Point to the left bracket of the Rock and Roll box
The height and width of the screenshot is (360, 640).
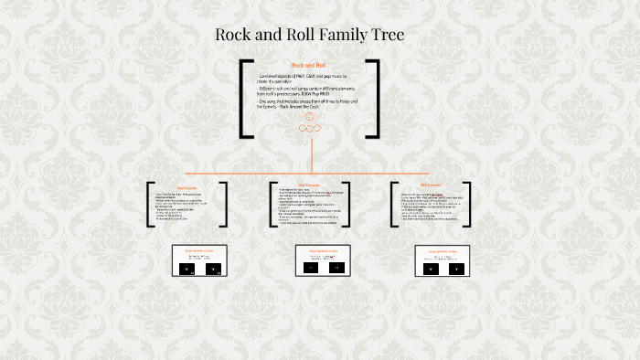(x=244, y=99)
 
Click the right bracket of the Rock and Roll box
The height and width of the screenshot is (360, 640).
(x=374, y=99)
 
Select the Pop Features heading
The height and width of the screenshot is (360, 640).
(x=187, y=185)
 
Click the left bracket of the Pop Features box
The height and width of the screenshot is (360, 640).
(x=149, y=205)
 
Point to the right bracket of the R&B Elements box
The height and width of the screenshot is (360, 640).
(x=472, y=205)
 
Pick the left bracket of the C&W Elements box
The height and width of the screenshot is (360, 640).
(x=272, y=205)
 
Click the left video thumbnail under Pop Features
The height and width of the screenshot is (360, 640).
(x=187, y=270)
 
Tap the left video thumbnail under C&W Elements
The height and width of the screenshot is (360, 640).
(x=311, y=269)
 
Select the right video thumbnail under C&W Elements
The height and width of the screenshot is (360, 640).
(x=336, y=269)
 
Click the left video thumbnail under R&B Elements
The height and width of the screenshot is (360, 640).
(x=429, y=269)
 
